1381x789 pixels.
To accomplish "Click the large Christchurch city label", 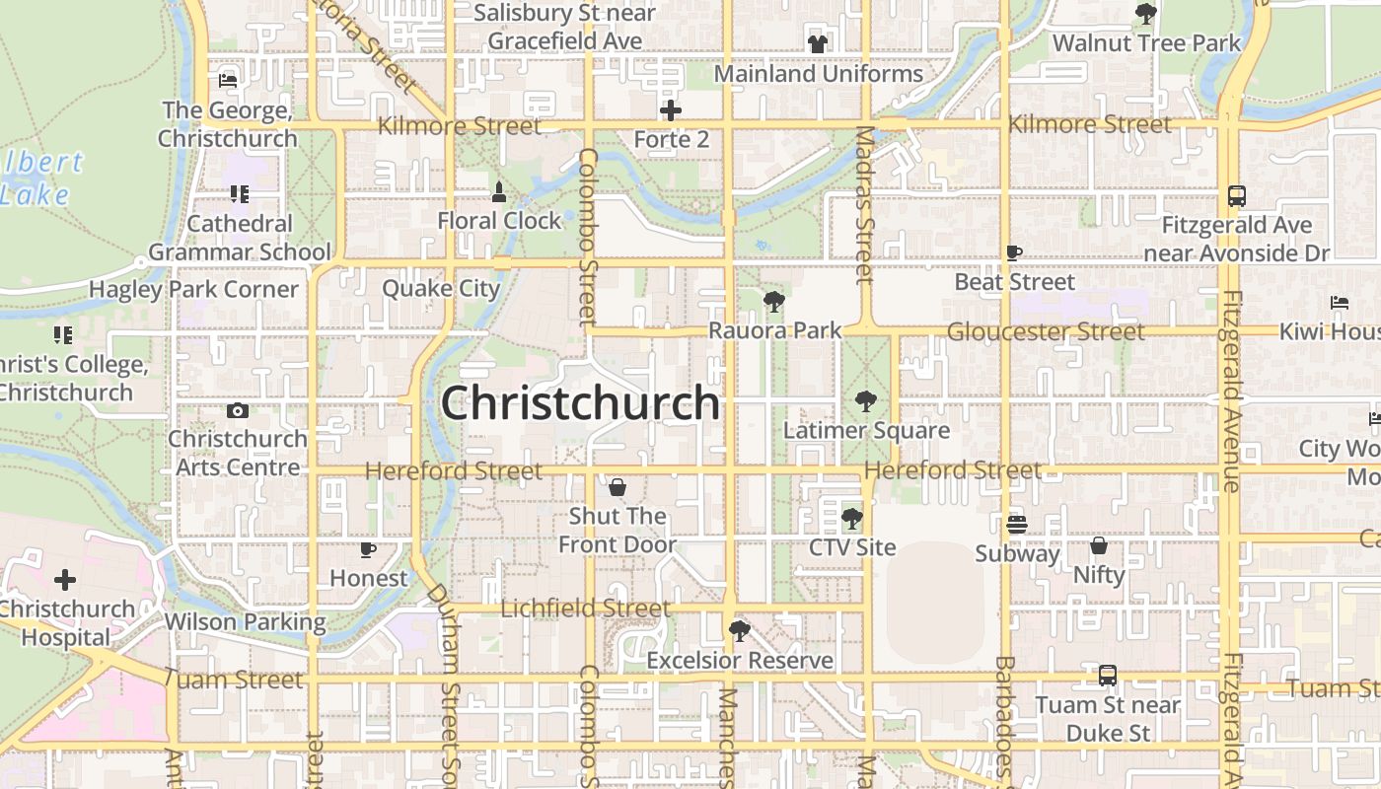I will coord(580,402).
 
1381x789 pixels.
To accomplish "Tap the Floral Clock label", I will coord(499,221).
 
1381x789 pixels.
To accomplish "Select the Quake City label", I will coord(441,289).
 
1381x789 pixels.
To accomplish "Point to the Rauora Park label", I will coord(775,330).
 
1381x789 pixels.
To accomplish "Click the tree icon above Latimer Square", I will coord(866,400).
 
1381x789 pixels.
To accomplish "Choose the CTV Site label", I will coord(852,547).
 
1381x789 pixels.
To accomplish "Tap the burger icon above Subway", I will coord(1017,524).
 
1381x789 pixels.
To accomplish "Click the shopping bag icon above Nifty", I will coord(1099,545).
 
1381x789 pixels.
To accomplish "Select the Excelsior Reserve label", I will coord(740,660).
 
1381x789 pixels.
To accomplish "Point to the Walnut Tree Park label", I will coord(1146,43).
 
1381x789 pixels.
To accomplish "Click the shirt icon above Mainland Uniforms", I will coord(818,43).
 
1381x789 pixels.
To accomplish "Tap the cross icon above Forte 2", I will coord(671,109).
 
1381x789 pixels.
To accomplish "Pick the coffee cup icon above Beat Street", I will coord(1014,252).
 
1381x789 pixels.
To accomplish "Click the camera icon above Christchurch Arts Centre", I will coord(237,410).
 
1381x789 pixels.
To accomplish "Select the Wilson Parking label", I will coord(245,622).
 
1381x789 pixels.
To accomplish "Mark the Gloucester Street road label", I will coord(1046,331).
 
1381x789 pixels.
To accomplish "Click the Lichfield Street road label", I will coord(585,609).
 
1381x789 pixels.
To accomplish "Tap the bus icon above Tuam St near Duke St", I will coord(1108,676).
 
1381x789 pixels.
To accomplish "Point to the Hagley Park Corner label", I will coord(193,289).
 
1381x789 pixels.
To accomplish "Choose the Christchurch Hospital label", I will coord(66,622).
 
